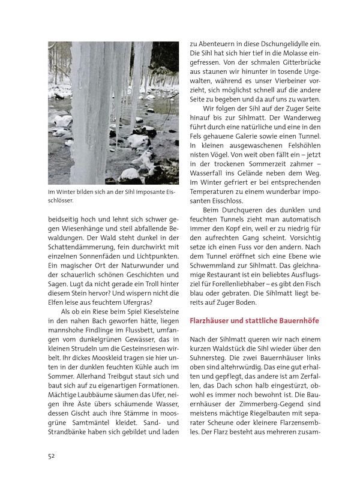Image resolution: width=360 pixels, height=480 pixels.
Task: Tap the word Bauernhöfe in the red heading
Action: pyautogui.click(x=298, y=321)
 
